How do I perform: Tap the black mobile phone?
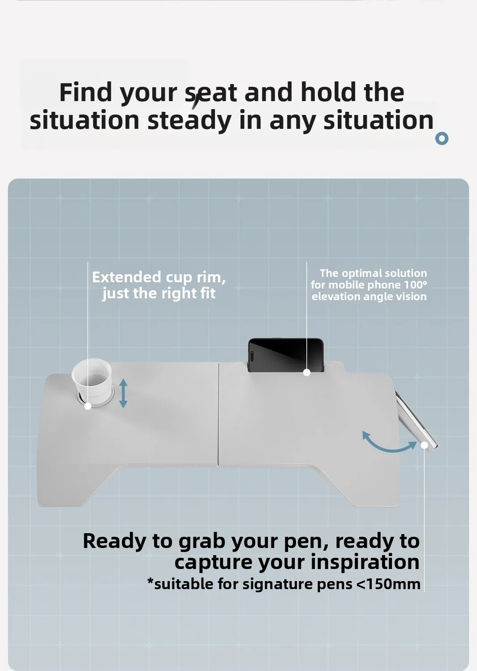click(286, 355)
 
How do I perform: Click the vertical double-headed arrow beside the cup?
click(123, 393)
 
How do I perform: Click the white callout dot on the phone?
click(307, 372)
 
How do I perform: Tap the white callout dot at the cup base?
click(88, 406)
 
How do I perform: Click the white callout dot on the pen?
click(424, 445)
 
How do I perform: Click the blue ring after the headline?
click(442, 138)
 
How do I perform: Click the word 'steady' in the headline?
click(189, 120)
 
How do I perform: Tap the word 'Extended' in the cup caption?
click(127, 277)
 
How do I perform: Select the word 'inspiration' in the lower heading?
click(365, 563)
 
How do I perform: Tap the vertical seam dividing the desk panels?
click(219, 414)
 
